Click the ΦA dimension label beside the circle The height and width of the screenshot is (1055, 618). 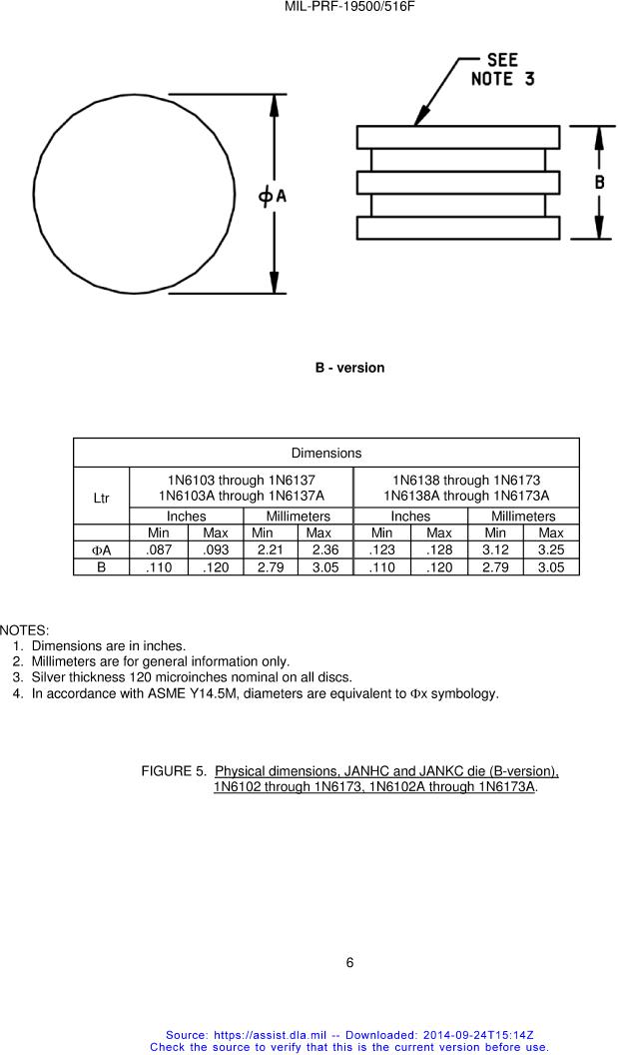point(273,196)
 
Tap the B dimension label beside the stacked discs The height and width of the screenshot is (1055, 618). point(599,182)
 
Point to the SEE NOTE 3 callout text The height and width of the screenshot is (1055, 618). point(502,69)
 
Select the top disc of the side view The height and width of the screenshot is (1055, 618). point(457,137)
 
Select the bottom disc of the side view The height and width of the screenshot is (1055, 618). point(457,228)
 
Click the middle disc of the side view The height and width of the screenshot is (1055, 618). point(457,183)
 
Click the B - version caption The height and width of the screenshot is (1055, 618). point(349,368)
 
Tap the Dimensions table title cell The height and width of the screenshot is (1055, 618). point(326,454)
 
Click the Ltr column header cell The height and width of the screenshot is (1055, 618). point(101,498)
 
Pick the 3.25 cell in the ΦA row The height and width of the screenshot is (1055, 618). point(550,550)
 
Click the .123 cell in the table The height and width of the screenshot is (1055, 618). point(383,550)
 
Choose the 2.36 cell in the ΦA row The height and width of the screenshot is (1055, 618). point(325,550)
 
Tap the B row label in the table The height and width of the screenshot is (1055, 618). point(101,567)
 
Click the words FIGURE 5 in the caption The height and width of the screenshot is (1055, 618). point(174,771)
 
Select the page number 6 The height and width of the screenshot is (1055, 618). point(349,963)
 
